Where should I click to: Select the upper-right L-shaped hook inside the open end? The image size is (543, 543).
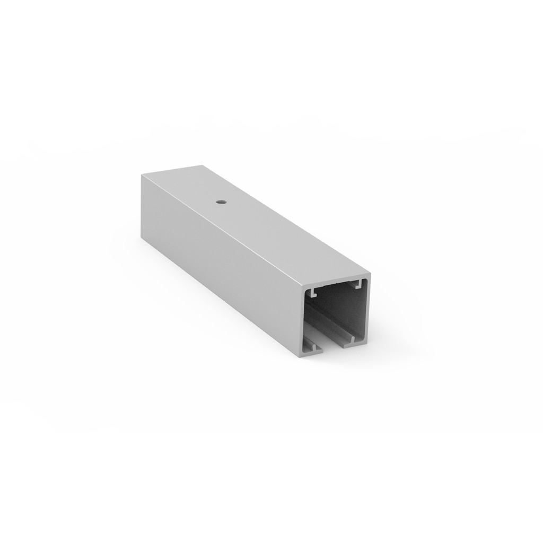[359, 284]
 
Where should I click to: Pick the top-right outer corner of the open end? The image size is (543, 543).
[370, 274]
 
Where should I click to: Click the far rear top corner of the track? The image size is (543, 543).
[204, 165]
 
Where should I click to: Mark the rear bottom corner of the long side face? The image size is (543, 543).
[141, 239]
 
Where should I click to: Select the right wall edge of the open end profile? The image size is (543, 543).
[368, 308]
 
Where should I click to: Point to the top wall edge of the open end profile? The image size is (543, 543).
[336, 281]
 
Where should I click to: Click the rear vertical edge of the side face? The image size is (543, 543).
[141, 207]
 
